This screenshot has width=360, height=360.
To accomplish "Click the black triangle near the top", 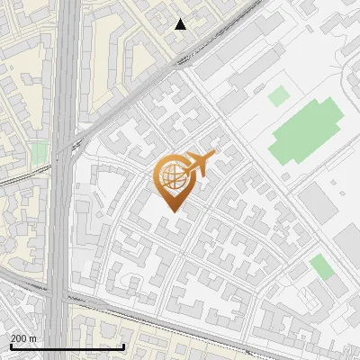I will pos(181,24).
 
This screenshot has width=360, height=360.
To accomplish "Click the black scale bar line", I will pos(67,346).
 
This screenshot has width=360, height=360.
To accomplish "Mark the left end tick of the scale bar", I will pos(11,345).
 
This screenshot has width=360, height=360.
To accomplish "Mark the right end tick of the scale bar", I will pos(123,345).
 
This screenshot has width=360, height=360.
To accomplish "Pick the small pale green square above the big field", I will pos(279,94).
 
